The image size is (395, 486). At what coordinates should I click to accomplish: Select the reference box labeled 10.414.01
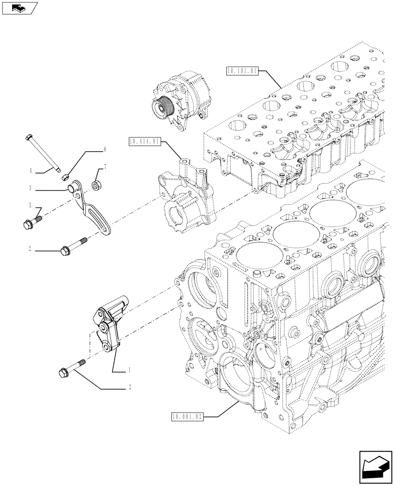pos(144,142)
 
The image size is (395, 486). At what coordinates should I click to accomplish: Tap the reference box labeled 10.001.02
pos(187,417)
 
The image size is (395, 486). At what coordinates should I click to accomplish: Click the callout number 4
pos(30,171)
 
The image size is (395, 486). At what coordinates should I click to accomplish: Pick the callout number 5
pos(30,205)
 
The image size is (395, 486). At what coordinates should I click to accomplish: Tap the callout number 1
pos(129,370)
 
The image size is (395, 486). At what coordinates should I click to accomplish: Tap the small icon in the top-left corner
pos(18,8)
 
